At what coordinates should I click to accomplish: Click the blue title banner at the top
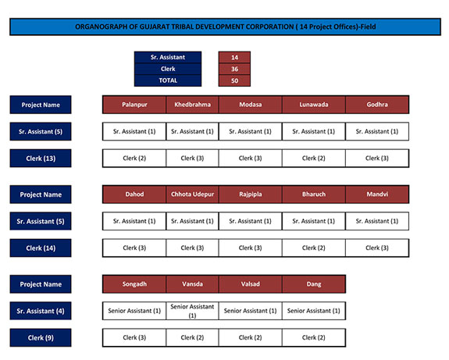[x=225, y=27]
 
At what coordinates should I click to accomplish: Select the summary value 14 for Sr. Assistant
[x=234, y=57]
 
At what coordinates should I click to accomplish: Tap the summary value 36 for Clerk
[x=234, y=69]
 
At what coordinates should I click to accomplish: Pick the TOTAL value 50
[x=234, y=80]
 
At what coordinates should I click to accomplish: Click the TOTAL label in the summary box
[x=168, y=80]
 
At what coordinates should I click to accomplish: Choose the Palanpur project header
[x=134, y=105]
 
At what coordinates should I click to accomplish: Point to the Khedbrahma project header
[x=192, y=105]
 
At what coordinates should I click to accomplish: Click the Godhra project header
[x=377, y=105]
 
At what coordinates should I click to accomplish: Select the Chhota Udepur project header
[x=192, y=194]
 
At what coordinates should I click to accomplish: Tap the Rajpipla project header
[x=251, y=194]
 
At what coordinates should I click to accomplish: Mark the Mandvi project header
[x=377, y=194]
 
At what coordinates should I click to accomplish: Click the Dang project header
[x=314, y=284]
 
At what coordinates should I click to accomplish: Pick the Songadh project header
[x=134, y=284]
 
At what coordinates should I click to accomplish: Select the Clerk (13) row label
[x=41, y=159]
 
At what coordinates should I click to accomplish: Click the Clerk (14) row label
[x=41, y=248]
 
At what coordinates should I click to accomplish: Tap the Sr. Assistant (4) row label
[x=41, y=311]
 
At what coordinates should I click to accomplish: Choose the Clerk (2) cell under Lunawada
[x=314, y=158]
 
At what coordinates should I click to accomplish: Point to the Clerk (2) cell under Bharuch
[x=314, y=248]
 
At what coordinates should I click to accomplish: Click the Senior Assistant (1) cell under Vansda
[x=192, y=311]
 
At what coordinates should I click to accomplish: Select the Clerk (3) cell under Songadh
[x=134, y=337]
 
